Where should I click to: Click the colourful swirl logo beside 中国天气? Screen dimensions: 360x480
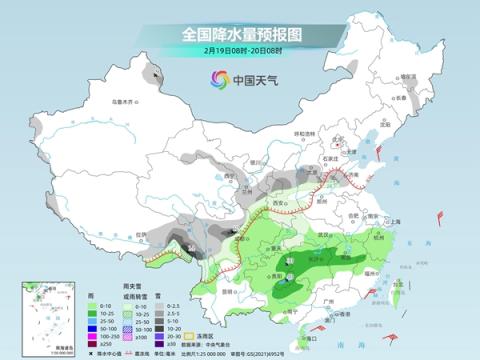point(218,79)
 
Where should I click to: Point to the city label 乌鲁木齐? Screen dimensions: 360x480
point(122,100)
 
